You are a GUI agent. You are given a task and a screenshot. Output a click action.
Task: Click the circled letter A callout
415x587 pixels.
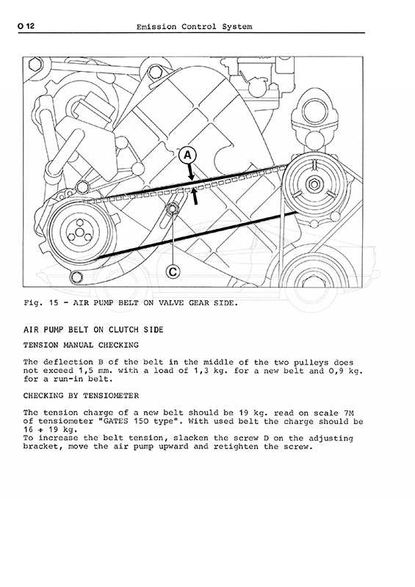click(x=187, y=155)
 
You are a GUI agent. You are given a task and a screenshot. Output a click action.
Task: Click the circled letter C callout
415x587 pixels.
click(x=173, y=271)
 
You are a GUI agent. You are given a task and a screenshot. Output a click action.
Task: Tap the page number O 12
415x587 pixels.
click(x=26, y=26)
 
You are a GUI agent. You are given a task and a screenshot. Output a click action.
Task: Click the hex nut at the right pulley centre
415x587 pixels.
click(x=312, y=184)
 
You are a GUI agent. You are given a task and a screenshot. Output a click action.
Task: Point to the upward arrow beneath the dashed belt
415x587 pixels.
click(x=195, y=197)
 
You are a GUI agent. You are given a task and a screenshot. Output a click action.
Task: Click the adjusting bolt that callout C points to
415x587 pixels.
click(x=173, y=208)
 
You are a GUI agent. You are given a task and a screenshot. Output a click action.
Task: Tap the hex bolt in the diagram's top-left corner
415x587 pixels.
click(x=34, y=65)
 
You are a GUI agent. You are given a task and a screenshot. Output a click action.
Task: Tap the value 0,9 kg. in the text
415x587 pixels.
click(x=349, y=371)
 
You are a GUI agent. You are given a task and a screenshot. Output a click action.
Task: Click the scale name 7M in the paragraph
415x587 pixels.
click(x=349, y=413)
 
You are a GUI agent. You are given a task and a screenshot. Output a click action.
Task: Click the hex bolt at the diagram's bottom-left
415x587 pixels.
click(x=76, y=277)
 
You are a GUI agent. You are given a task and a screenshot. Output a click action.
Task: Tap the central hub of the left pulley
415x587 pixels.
click(x=79, y=233)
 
